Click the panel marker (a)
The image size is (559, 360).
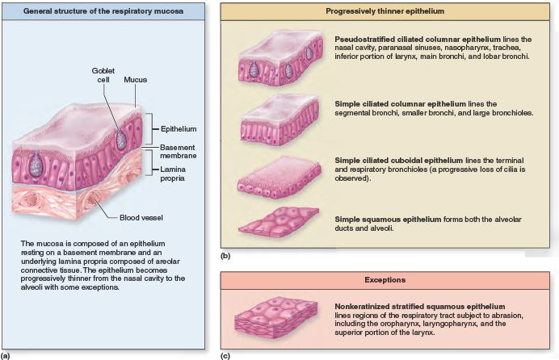point(6,354)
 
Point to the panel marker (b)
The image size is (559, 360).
point(225,256)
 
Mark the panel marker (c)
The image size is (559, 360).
point(225,354)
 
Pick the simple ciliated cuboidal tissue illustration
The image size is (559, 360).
point(279,179)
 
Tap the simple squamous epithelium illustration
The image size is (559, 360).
point(279,222)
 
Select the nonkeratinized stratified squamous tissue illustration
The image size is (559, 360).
point(279,316)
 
